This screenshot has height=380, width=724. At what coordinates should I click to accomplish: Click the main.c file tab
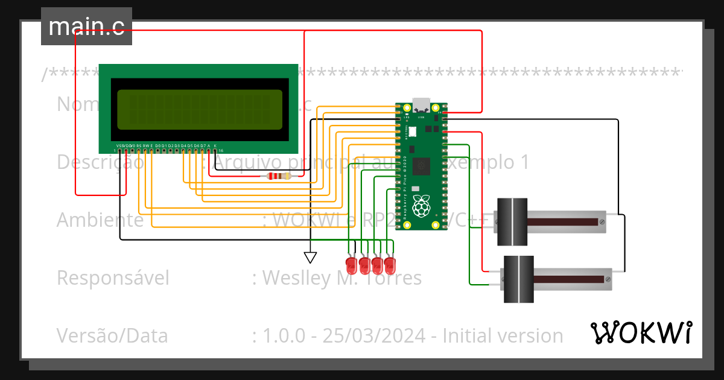point(86,27)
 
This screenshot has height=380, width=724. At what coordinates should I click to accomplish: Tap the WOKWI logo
point(641,332)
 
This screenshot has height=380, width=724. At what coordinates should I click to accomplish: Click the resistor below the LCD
point(278,176)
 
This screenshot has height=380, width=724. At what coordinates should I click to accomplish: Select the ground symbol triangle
point(310,258)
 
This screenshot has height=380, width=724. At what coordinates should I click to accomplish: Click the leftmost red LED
point(351,264)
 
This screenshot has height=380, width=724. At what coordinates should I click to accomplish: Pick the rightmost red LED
point(390,264)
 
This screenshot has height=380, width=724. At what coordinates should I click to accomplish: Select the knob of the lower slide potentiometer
point(519,279)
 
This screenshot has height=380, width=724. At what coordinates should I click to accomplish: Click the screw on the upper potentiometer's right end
point(602,222)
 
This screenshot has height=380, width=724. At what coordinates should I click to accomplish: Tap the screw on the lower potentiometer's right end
point(608,279)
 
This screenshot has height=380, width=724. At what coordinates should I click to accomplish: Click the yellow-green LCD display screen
point(200,109)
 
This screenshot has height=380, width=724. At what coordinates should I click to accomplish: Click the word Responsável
point(113,278)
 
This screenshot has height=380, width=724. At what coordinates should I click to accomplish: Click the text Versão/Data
point(112,335)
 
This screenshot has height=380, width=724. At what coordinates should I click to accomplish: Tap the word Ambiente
point(100,220)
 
